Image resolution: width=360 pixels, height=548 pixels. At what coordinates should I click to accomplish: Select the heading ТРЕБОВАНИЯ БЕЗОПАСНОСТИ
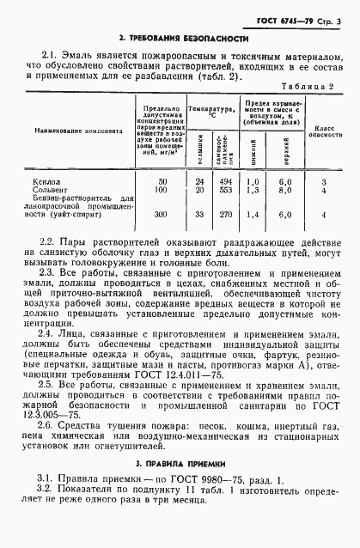[185, 40]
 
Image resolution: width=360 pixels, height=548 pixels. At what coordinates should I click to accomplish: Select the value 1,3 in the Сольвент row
[252, 190]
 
